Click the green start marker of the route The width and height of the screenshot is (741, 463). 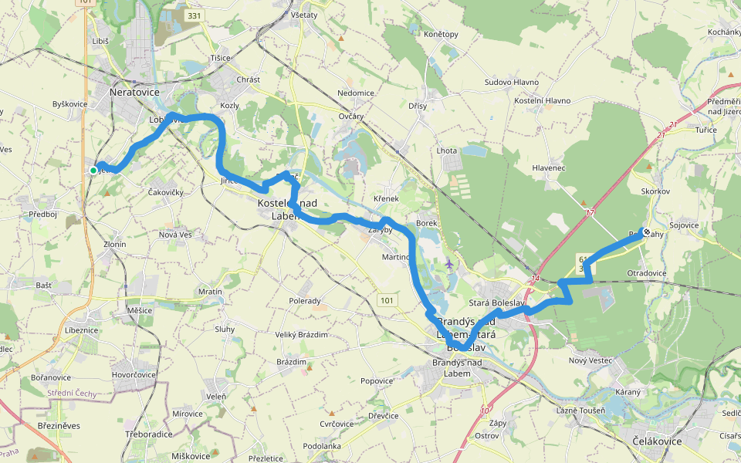pyautogui.click(x=93, y=171)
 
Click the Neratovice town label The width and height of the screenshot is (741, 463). pyautogui.click(x=134, y=92)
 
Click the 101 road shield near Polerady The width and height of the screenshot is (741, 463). pyautogui.click(x=386, y=299)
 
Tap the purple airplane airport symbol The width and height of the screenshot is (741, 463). pyautogui.click(x=450, y=265)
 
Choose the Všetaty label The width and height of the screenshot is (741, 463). pyautogui.click(x=303, y=15)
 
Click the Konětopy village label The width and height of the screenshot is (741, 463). pyautogui.click(x=441, y=34)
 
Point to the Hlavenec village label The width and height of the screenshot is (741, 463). pyautogui.click(x=549, y=167)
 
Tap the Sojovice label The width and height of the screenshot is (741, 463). pyautogui.click(x=683, y=225)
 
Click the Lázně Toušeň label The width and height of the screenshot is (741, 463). pyautogui.click(x=580, y=411)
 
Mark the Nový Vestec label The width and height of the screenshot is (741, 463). pyautogui.click(x=590, y=361)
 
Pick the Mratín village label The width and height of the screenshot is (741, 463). pyautogui.click(x=210, y=292)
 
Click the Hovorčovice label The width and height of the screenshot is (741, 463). pyautogui.click(x=134, y=374)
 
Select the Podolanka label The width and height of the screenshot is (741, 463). pyautogui.click(x=322, y=446)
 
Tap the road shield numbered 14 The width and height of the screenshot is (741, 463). pyautogui.click(x=534, y=277)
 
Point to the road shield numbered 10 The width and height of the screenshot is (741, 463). pyautogui.click(x=484, y=410)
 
